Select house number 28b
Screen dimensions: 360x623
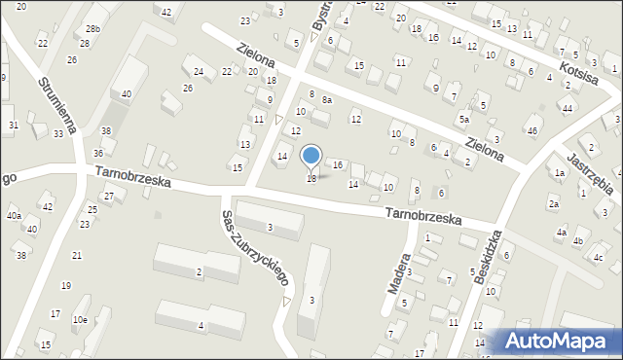pos(92,30)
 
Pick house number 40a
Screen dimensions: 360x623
pos(14,215)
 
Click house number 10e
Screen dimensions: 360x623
pos(80,319)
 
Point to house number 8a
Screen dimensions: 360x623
pos(328,99)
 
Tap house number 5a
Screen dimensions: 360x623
pos(464,119)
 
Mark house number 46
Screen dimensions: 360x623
pos(531,130)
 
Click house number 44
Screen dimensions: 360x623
pos(568,108)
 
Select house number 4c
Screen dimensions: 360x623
pos(599,257)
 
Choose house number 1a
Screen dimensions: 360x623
pos(560,173)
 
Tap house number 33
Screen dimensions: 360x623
pos(58,133)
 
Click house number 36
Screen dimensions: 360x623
pos(98,153)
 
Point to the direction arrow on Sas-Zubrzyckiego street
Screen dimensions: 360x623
pos(286,302)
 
